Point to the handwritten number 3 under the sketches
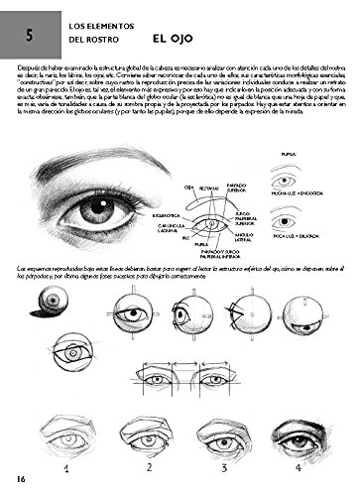pos(230,467)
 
